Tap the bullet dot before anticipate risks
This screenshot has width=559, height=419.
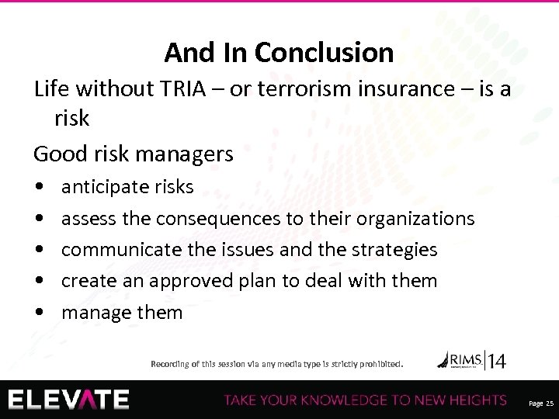coord(39,188)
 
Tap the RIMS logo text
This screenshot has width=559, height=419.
coord(464,358)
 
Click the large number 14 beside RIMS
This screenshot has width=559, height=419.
coord(497,360)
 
